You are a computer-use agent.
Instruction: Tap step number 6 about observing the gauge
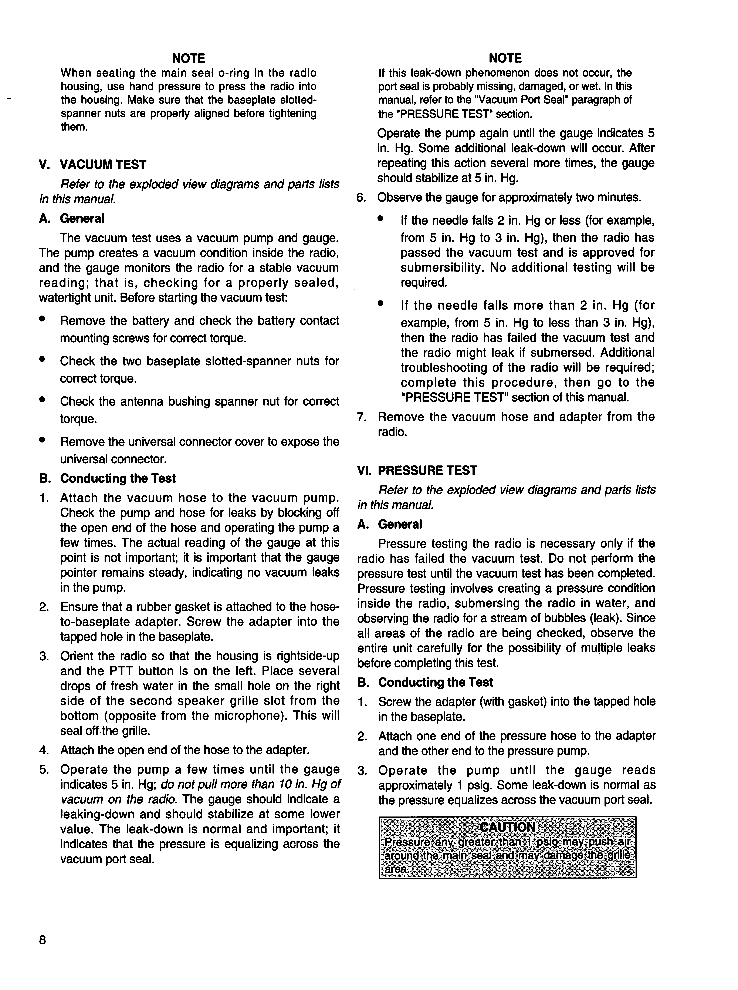click(361, 198)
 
